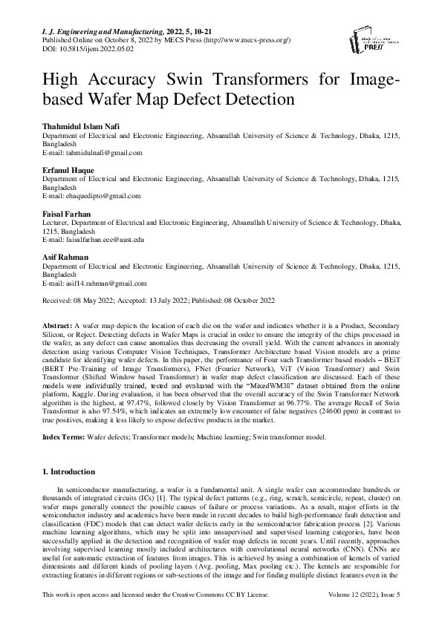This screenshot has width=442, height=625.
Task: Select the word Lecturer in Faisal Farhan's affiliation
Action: click(x=56, y=222)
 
